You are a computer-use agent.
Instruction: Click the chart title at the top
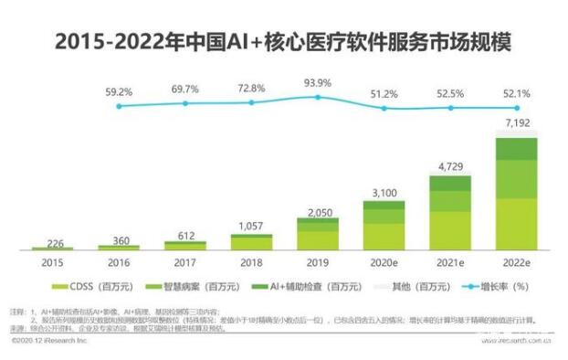[283, 42]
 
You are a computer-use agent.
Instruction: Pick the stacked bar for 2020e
[383, 226]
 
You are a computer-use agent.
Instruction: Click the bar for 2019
[317, 234]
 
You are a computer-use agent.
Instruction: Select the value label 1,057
[250, 226]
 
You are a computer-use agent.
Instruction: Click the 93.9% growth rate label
[317, 82]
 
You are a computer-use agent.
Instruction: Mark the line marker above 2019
[317, 97]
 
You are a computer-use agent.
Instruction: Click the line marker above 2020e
[384, 108]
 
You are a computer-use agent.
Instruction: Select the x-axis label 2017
[184, 261]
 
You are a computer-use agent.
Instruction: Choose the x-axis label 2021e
[449, 261]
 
